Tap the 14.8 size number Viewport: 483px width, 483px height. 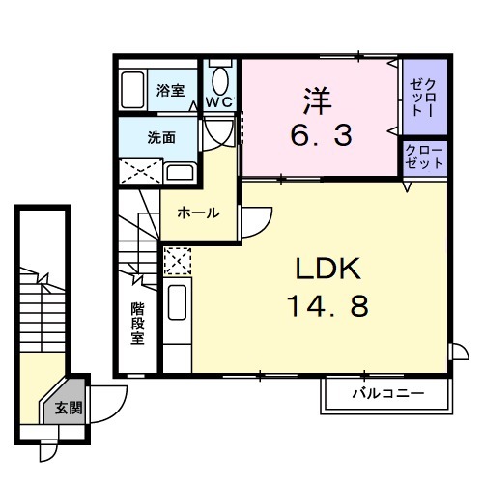click(x=327, y=307)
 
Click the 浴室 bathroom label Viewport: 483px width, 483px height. click(x=170, y=91)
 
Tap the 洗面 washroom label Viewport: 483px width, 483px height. click(x=161, y=138)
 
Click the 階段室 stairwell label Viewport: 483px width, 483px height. click(x=138, y=324)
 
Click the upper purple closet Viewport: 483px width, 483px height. click(x=424, y=97)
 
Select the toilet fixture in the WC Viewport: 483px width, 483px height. click(x=221, y=77)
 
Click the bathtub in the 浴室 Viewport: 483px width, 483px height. click(x=134, y=90)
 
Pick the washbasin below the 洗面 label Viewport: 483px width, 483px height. click(x=179, y=173)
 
